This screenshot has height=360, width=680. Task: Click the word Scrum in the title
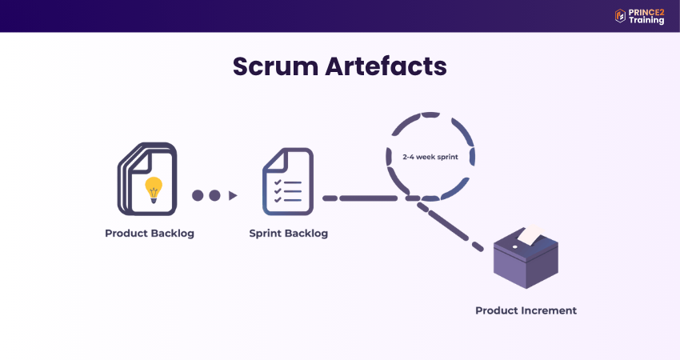(274, 66)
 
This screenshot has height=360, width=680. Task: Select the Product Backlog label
(150, 234)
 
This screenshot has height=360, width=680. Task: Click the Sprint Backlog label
(288, 234)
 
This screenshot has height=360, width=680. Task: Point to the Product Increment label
(526, 310)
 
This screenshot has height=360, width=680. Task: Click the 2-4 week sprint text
(430, 157)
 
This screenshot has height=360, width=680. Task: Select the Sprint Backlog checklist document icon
(287, 182)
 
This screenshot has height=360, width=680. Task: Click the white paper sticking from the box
(530, 234)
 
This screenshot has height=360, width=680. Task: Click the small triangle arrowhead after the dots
(233, 195)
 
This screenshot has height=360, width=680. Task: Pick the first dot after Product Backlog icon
(198, 195)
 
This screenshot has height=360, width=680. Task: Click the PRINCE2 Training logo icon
(620, 16)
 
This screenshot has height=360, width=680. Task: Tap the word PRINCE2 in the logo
(646, 11)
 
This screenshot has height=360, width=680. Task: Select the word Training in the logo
(646, 21)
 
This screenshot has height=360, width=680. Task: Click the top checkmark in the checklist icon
(278, 183)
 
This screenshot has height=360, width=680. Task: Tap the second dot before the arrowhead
(214, 195)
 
